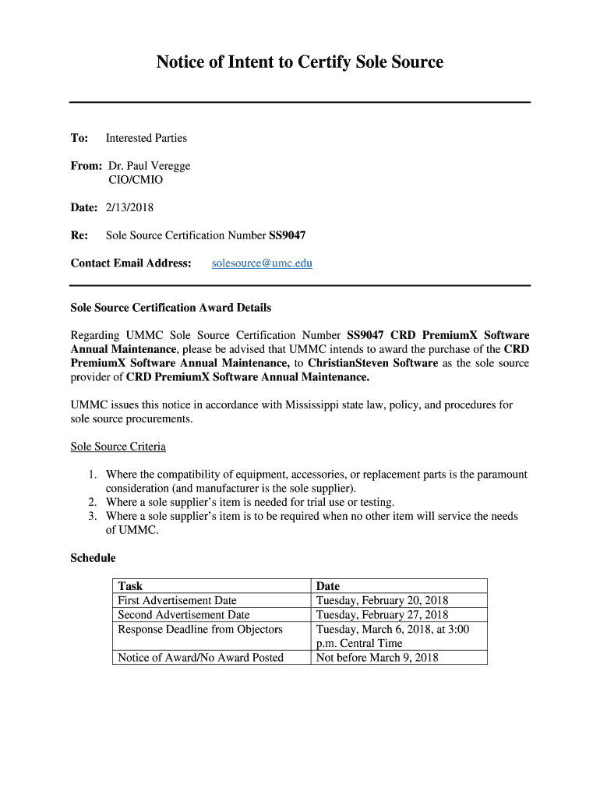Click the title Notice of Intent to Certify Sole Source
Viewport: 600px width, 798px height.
tap(299, 62)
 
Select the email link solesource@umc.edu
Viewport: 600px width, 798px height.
tap(262, 263)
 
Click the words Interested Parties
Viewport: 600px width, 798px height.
tap(146, 138)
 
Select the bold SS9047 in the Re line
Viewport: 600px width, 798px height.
tap(287, 235)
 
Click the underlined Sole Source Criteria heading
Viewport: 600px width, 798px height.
tap(118, 447)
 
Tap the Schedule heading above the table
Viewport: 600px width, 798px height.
tap(93, 558)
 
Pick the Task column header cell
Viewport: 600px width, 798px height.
tap(130, 586)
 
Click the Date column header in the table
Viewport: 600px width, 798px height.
tap(328, 586)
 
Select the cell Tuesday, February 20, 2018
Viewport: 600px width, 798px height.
tap(382, 601)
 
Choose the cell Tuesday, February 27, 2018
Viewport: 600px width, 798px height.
tap(382, 615)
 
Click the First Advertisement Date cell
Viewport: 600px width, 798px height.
tap(177, 601)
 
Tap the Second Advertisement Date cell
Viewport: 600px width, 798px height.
tap(184, 615)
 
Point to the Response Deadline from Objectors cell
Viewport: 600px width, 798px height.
tap(200, 629)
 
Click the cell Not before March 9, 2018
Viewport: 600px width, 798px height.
tap(377, 658)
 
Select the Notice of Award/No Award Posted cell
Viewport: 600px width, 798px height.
tap(200, 658)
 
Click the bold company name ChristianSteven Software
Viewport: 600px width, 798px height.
tap(372, 363)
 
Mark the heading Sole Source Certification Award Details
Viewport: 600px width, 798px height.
tap(171, 308)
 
